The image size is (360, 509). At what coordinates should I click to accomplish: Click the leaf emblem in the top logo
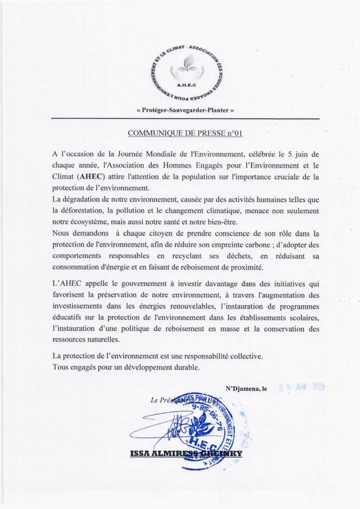(187, 64)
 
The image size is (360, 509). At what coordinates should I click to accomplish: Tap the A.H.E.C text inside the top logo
(187, 85)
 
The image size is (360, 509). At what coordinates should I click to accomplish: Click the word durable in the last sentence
(184, 367)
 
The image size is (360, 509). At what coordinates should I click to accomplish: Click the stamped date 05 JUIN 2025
(302, 388)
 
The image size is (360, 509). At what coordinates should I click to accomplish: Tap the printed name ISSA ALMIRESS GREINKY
(186, 454)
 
